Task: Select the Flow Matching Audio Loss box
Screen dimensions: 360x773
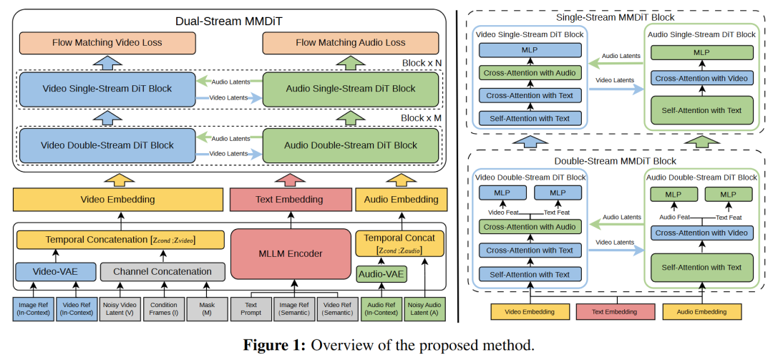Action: pyautogui.click(x=350, y=43)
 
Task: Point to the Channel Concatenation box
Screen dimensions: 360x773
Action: pyautogui.click(x=162, y=271)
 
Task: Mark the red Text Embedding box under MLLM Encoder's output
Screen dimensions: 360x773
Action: pyautogui.click(x=290, y=200)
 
